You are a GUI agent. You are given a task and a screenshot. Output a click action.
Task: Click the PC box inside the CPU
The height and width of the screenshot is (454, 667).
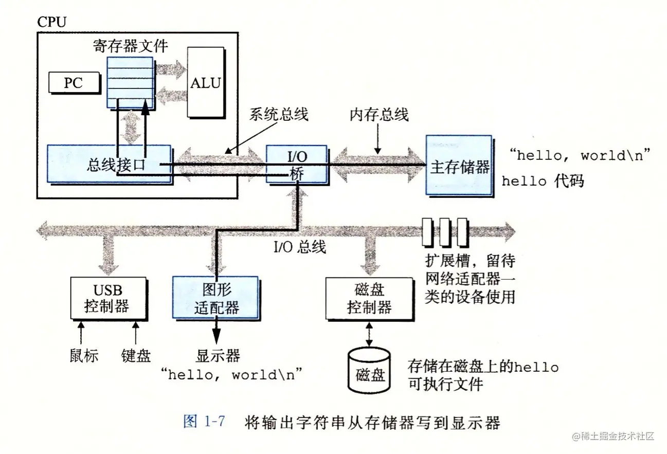(x=73, y=82)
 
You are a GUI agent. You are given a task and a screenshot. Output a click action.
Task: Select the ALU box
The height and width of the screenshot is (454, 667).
(x=205, y=82)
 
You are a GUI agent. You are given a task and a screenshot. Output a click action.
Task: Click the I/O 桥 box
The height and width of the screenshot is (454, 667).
(x=297, y=164)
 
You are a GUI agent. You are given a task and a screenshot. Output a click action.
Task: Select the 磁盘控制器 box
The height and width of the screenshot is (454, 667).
(x=369, y=299)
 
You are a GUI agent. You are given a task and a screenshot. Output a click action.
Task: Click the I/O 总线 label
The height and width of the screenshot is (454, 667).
(x=300, y=247)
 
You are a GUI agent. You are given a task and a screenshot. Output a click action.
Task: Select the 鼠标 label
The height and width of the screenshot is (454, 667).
(x=84, y=355)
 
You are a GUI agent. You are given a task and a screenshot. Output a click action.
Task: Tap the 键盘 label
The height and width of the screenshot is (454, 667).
(x=136, y=355)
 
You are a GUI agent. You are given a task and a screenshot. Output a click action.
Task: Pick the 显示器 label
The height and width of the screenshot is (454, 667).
(x=218, y=355)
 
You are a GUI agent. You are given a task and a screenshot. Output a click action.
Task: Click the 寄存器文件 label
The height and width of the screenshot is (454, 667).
(x=130, y=46)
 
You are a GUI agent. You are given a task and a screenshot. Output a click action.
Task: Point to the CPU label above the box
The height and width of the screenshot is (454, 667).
(x=52, y=22)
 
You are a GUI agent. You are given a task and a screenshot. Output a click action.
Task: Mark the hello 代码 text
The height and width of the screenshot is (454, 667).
(x=543, y=181)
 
